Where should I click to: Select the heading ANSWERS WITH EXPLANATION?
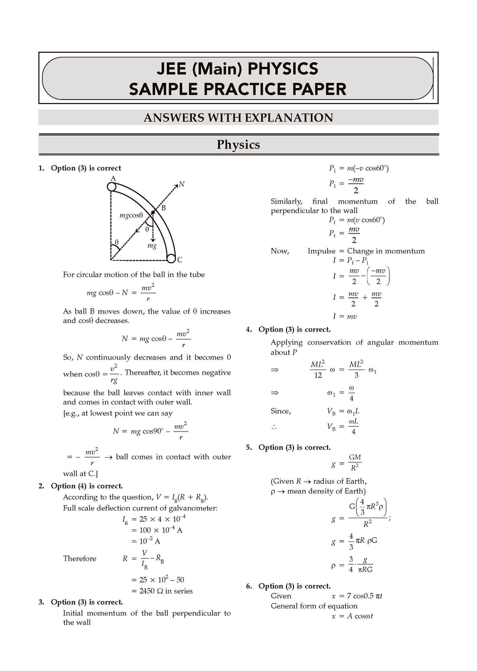238,117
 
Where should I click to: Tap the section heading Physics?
238,144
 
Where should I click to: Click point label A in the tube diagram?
113,178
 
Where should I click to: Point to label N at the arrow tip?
182,184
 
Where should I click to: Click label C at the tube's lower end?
180,260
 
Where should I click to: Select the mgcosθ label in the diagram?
131,215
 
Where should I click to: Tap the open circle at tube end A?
111,187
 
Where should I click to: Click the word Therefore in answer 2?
80,558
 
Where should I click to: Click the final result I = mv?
345,316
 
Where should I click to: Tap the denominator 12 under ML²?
318,375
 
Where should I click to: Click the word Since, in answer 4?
281,411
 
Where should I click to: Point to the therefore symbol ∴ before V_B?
274,427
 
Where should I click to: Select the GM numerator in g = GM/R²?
355,458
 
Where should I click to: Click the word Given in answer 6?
281,596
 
